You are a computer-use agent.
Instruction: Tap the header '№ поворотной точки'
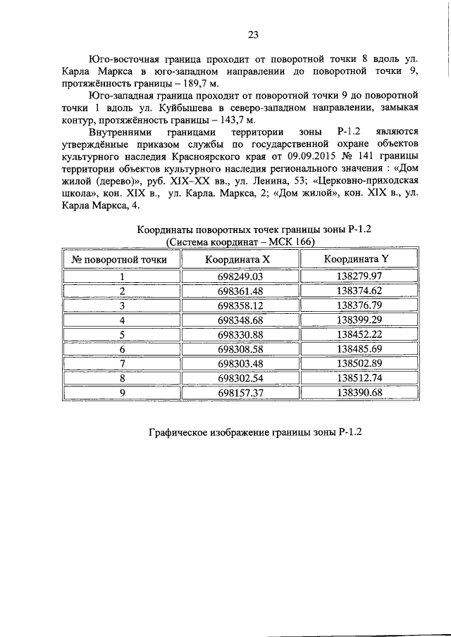click(x=121, y=259)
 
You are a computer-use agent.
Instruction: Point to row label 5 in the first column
click(x=122, y=334)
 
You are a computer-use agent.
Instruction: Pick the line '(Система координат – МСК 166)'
click(x=240, y=241)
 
